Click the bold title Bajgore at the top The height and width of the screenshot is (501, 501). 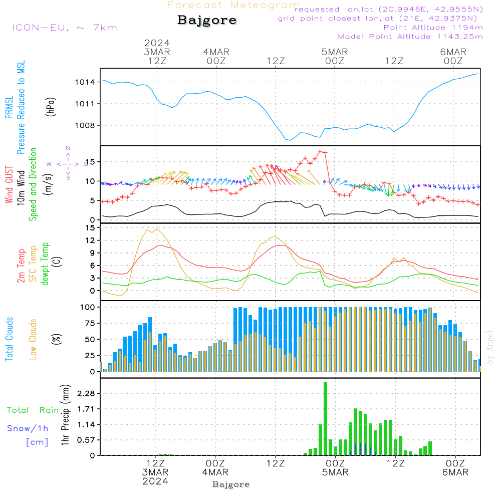207,21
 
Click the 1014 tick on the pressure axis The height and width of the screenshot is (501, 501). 85,83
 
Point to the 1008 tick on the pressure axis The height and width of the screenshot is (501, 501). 85,126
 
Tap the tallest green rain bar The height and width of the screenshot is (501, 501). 325,418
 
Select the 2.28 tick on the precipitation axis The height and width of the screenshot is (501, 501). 86,393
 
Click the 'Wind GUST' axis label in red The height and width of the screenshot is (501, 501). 9,185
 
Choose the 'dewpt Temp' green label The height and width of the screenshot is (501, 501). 45,264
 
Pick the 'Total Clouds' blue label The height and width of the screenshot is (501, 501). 9,339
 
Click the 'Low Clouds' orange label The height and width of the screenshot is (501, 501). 33,339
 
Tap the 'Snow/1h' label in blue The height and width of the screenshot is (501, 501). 28,428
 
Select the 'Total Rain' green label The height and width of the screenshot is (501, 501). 33,410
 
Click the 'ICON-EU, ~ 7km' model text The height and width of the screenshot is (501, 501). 65,28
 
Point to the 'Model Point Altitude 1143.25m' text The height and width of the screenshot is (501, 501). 410,37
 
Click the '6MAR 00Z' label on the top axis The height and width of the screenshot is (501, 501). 453,56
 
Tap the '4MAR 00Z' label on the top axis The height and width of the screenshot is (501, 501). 216,56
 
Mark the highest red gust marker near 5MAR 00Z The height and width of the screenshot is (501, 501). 320,151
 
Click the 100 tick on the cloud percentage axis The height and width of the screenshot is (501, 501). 87,308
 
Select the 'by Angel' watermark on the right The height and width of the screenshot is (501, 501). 490,347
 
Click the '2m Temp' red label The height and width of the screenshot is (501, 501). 21,266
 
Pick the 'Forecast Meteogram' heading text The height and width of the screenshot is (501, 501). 233,5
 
